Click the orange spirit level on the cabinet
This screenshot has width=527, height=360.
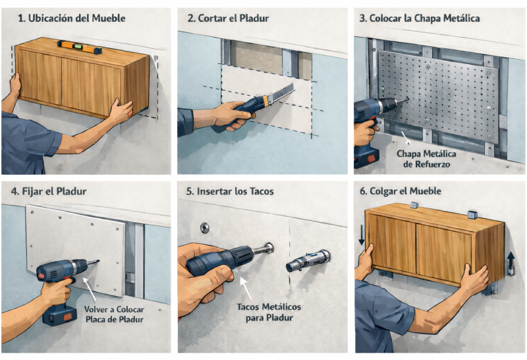pos(79,47)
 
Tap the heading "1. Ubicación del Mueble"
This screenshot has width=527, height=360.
pos(72,18)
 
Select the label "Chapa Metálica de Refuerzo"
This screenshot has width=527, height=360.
pos(426,159)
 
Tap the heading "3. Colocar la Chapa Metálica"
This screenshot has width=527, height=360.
pos(420,18)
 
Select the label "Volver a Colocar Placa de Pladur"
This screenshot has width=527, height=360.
pos(114,315)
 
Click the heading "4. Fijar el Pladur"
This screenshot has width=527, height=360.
pos(49,191)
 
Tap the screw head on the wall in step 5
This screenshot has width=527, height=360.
pos(205,227)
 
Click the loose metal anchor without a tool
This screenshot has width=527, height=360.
pos(308,260)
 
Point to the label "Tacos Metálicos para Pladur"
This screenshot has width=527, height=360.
pos(269,313)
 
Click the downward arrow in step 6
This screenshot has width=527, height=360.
pos(362,235)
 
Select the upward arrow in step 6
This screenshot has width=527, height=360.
pos(511,259)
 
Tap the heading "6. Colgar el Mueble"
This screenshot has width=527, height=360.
pos(401,191)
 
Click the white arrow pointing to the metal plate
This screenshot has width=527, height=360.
pos(406,138)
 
